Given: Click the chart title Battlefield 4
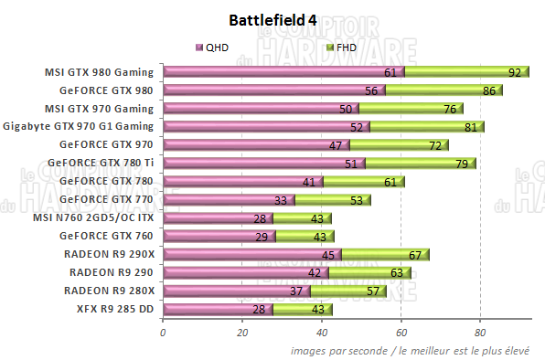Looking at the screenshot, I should click(x=273, y=19).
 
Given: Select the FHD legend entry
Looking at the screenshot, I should click(x=340, y=47).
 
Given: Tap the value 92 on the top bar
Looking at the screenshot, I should click(x=515, y=72).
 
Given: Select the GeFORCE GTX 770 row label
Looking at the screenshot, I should click(x=106, y=199).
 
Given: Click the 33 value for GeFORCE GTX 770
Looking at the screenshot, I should click(x=282, y=200).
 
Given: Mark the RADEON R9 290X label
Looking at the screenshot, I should click(x=110, y=254).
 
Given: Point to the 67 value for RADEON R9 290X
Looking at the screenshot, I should click(x=416, y=255).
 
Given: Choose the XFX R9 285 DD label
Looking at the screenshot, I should click(x=113, y=309).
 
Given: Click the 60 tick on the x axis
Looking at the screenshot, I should click(x=401, y=334).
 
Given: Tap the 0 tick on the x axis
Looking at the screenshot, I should click(x=163, y=334).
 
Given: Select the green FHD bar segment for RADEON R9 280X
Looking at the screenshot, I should click(x=347, y=291).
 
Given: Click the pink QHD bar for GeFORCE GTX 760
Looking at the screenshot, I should click(x=206, y=236).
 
